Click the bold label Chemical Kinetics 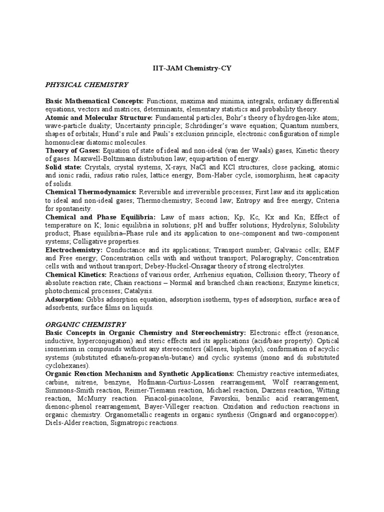click(x=75, y=274)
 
